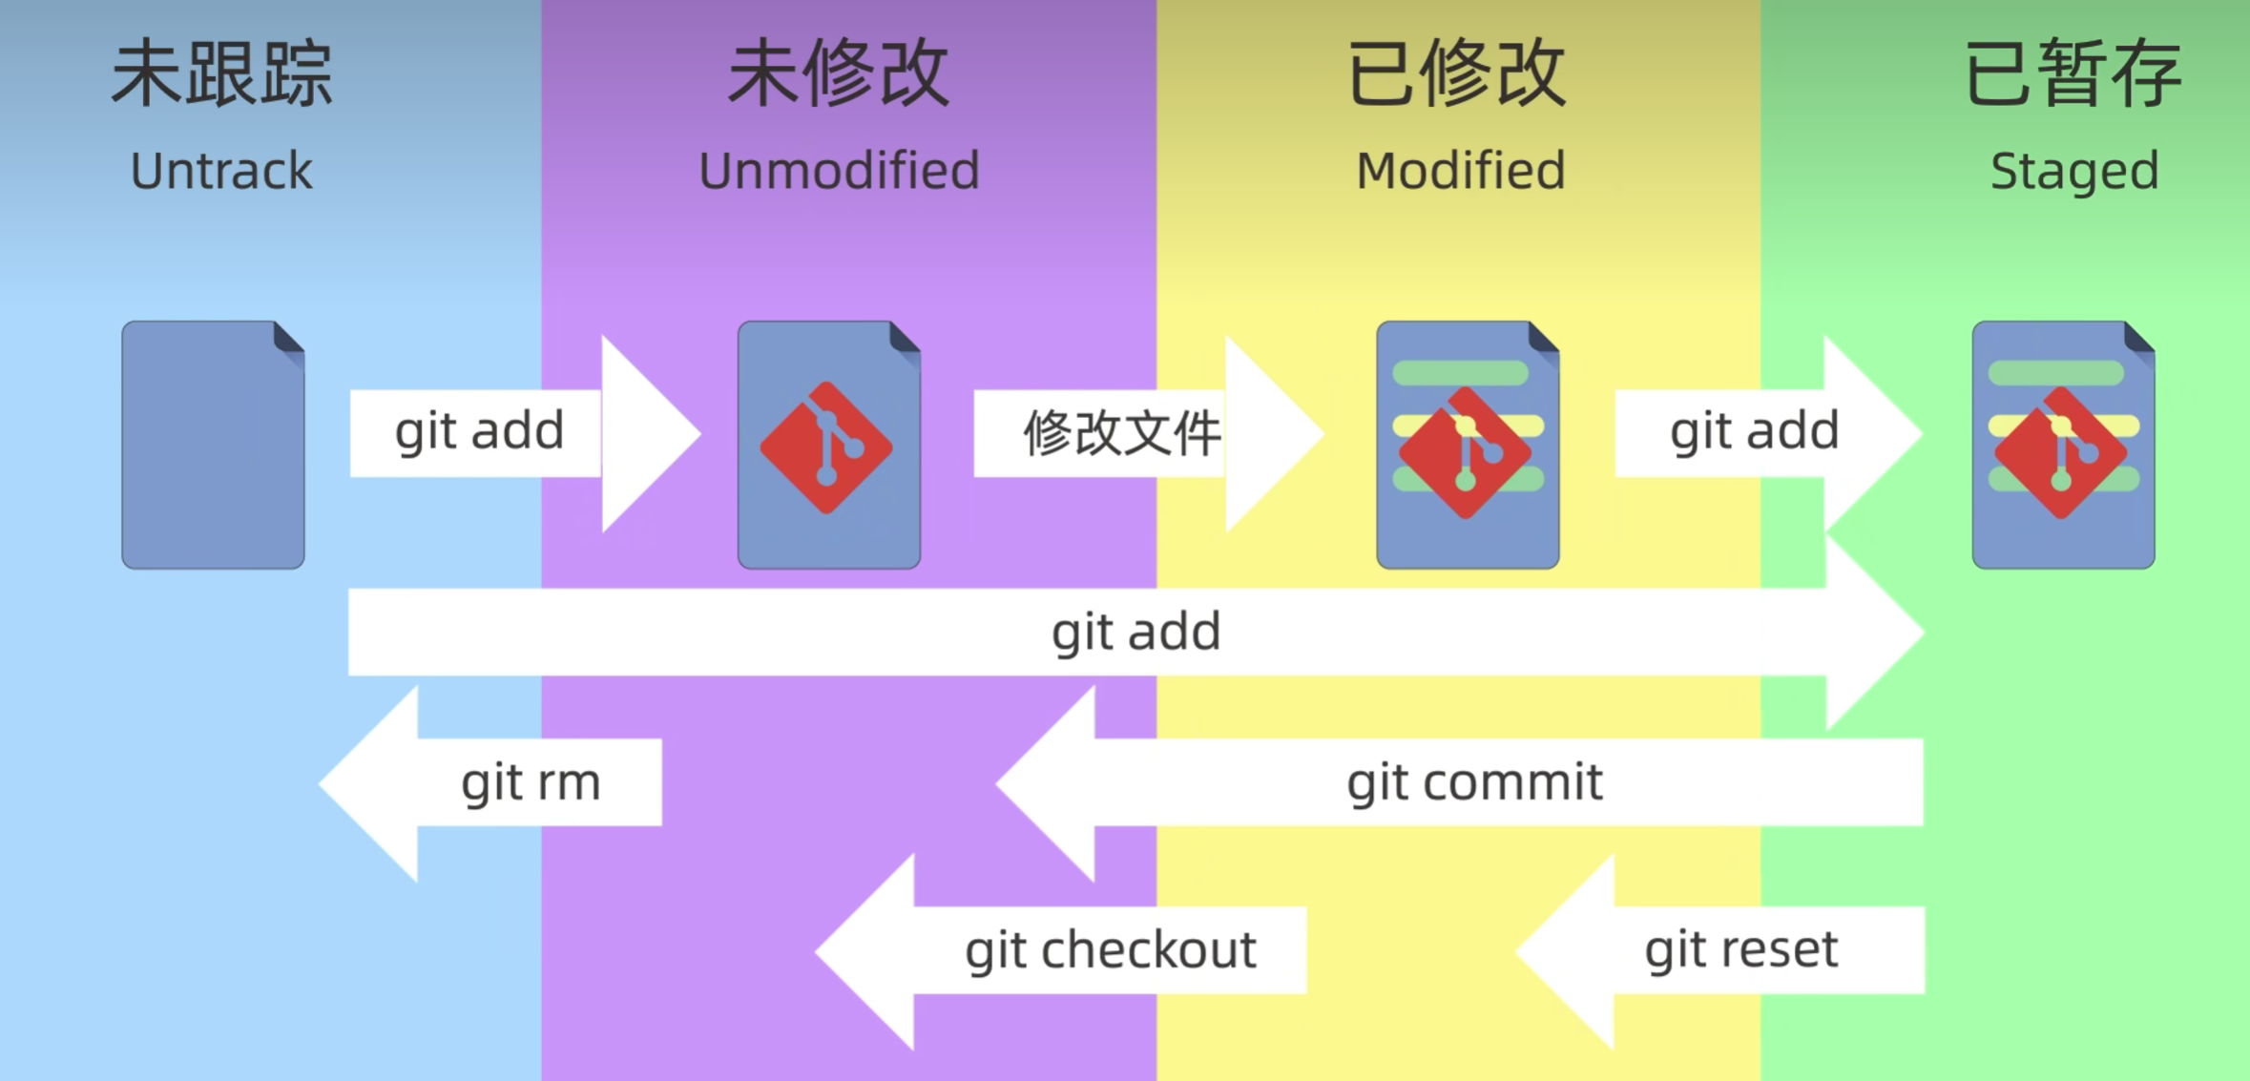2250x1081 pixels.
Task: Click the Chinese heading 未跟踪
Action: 221,74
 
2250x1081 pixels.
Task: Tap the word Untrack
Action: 221,172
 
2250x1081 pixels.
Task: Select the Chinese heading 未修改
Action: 838,74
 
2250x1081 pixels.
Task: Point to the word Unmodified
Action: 839,172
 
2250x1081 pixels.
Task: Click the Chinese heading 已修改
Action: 1456,74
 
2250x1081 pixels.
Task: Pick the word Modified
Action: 1461,172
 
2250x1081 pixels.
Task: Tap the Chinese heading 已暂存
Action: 2073,74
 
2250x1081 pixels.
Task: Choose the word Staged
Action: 2074,172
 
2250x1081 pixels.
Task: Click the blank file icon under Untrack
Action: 213,445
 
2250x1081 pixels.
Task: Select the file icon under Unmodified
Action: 828,445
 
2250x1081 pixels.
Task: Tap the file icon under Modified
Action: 1468,445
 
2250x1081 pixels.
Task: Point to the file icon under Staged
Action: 2063,445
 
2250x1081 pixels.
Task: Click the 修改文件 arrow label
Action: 1121,433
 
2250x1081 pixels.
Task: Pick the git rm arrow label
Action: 531,782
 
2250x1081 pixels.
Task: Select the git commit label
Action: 1474,782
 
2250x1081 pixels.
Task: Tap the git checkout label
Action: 1110,950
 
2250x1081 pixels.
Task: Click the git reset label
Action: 1740,950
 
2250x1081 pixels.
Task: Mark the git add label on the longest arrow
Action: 1135,632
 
